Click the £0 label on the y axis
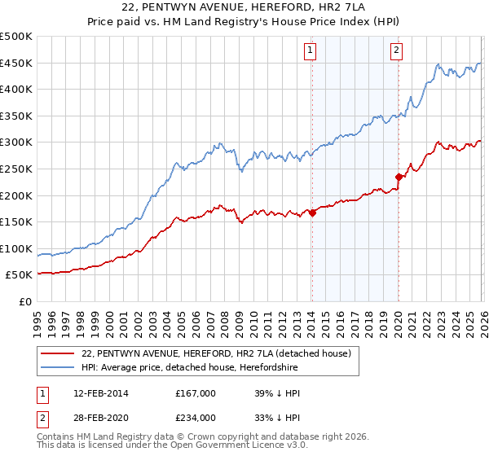(24, 301)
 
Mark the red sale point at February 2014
(312, 213)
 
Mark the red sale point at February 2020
(399, 177)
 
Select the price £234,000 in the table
(196, 417)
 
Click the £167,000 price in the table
(196, 393)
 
